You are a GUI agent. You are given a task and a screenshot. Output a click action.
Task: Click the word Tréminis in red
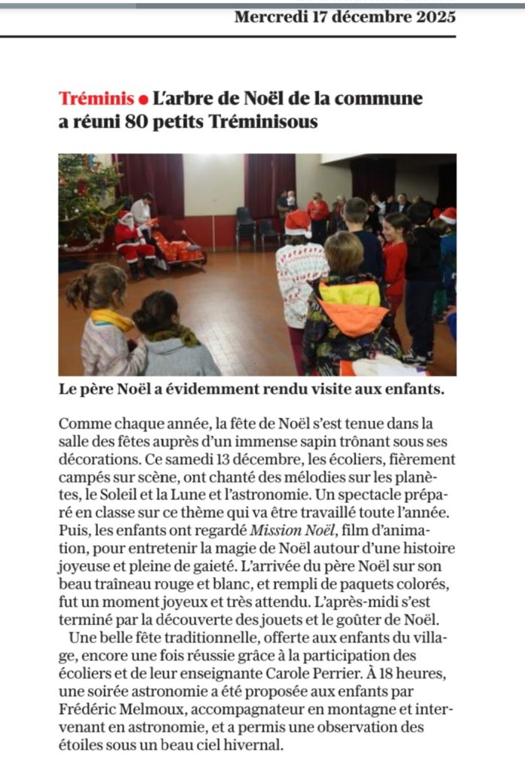click(96, 99)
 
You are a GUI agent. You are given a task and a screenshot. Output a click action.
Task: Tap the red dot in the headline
click(144, 99)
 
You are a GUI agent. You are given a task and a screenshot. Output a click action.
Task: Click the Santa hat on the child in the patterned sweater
click(299, 222)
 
